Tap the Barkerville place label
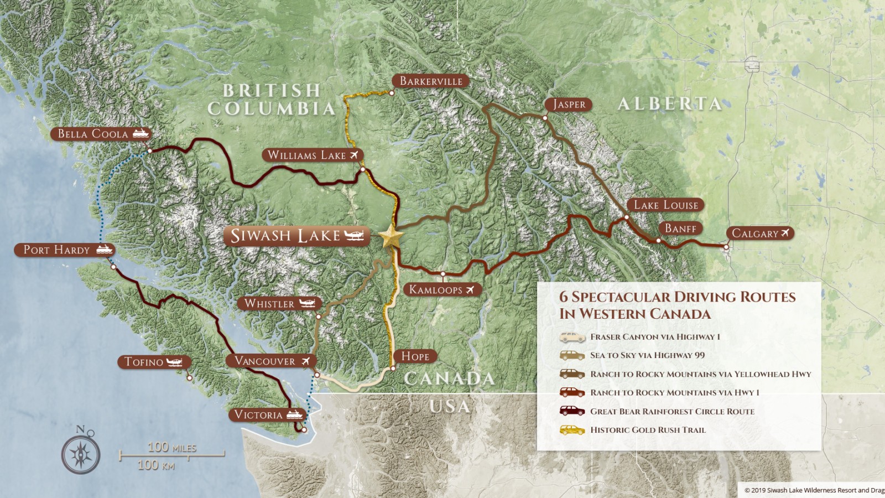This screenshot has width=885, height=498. point(431,81)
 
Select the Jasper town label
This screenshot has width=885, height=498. point(569,105)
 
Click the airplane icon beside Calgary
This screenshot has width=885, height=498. point(785,233)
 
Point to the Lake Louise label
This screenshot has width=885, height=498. point(665,205)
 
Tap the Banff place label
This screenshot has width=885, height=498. point(680,229)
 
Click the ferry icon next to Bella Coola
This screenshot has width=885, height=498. point(140,133)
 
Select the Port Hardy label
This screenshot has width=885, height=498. point(56,250)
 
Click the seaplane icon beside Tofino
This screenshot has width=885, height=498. point(174,362)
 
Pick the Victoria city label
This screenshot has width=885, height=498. point(258,415)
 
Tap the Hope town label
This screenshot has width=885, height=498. point(415,356)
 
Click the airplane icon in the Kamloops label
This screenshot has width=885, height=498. point(470,289)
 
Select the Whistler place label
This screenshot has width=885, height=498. point(270,304)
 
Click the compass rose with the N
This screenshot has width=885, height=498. point(81,453)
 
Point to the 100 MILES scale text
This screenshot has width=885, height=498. point(171,448)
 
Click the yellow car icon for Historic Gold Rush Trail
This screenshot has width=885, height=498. point(572,430)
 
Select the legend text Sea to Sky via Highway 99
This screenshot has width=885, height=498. point(647,355)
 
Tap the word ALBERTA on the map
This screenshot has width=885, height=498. point(669,104)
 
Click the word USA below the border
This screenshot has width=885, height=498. point(449,407)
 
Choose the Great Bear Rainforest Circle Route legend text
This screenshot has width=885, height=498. point(672,411)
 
